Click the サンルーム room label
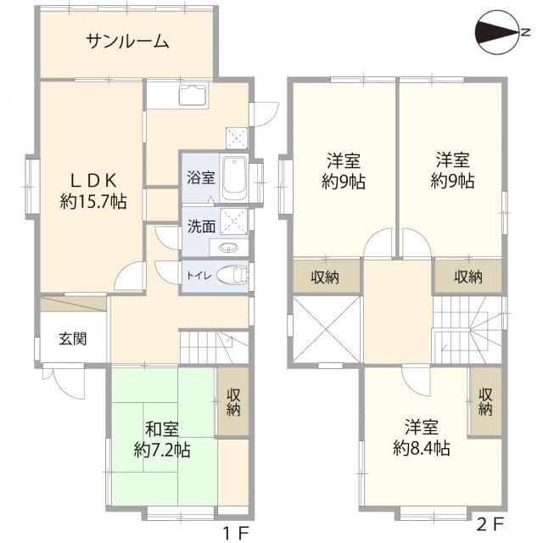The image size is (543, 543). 127,41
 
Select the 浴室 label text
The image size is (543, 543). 201,179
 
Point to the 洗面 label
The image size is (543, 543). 201,227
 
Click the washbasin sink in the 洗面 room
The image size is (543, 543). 229,249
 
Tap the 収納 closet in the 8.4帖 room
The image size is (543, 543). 485,402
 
